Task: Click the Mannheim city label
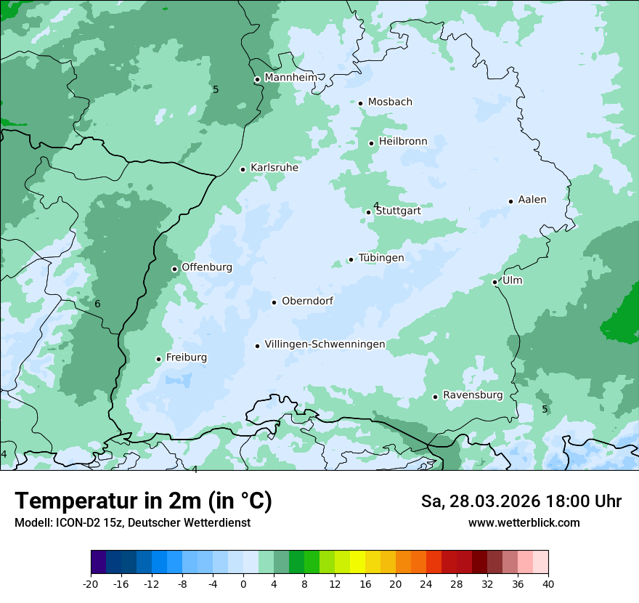(x=290, y=78)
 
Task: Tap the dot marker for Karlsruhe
(x=243, y=169)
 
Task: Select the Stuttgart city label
(x=398, y=211)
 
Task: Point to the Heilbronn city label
(x=403, y=142)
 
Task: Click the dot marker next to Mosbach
(x=360, y=103)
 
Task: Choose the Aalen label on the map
(x=532, y=200)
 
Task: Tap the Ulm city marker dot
(x=494, y=282)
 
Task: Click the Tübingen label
(x=381, y=258)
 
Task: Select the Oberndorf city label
(x=307, y=301)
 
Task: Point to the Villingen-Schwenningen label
(x=325, y=344)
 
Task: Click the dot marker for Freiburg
(x=158, y=359)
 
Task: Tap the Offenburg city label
(x=207, y=267)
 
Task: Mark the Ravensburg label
(x=473, y=395)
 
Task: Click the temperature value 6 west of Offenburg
(x=97, y=304)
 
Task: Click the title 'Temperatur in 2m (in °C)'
(x=143, y=501)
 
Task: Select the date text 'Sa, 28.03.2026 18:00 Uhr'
(x=521, y=501)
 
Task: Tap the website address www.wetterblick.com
(x=524, y=523)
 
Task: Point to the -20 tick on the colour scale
(x=91, y=583)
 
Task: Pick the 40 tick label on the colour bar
(x=548, y=583)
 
